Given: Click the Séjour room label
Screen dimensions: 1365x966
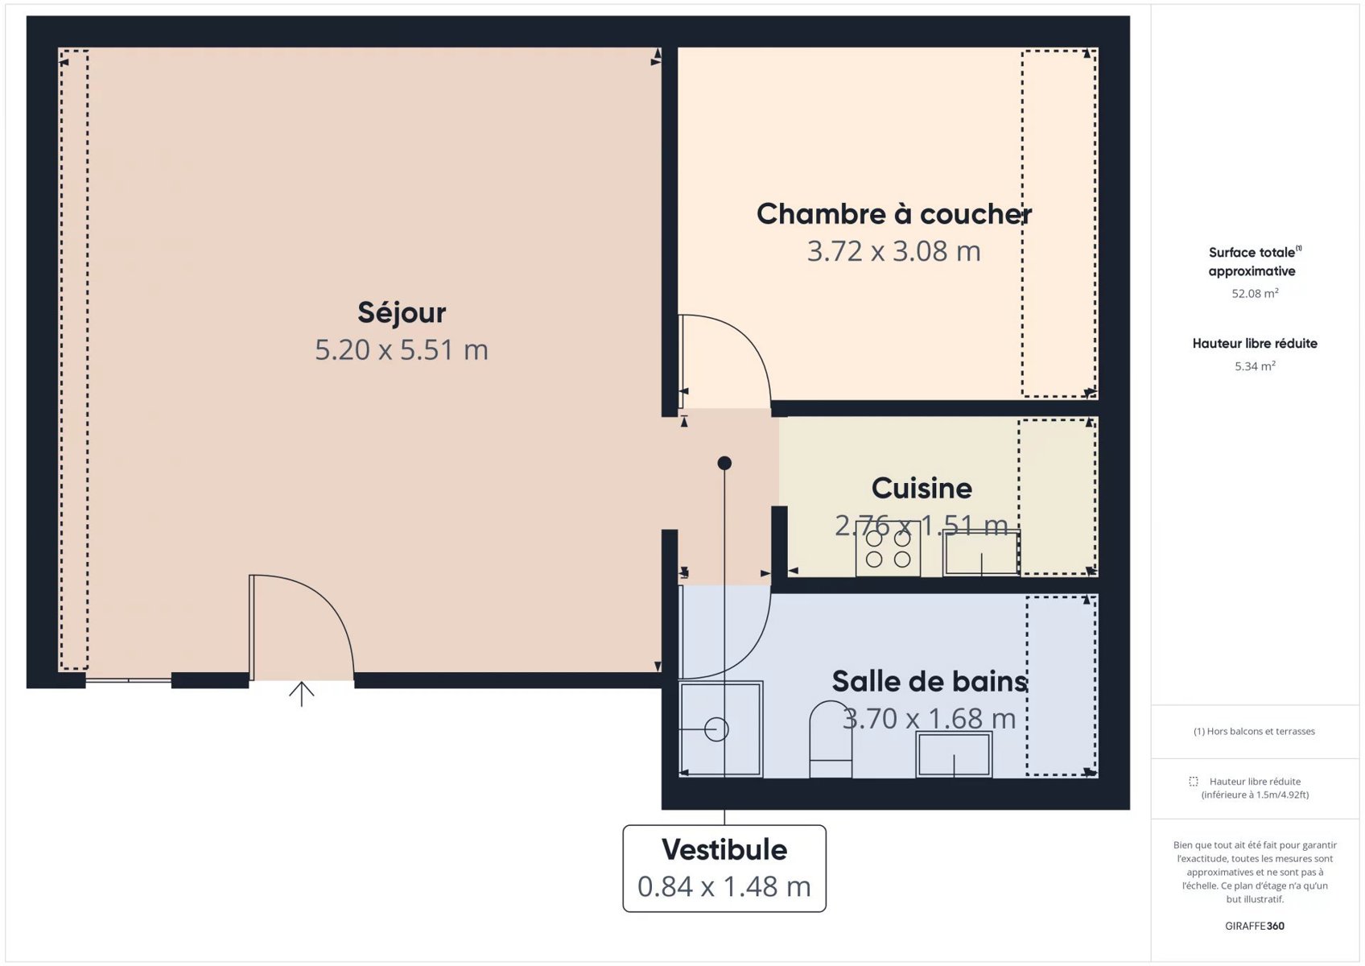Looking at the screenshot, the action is (402, 313).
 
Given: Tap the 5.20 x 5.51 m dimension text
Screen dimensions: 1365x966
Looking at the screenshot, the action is (402, 350).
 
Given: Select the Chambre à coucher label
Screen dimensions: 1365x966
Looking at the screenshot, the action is (894, 214).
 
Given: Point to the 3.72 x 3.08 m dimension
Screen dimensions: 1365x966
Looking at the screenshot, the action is (894, 251).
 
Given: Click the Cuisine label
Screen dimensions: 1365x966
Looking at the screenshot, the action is (922, 488).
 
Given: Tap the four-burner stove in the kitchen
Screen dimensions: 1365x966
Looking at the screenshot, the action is (888, 549).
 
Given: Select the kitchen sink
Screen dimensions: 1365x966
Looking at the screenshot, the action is (981, 553).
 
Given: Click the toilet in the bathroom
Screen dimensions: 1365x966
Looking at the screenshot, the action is (831, 739).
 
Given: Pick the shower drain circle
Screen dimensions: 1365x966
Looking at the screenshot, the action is (716, 729).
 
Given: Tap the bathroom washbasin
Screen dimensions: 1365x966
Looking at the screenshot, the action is (955, 754).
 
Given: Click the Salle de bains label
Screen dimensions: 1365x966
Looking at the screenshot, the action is (930, 681).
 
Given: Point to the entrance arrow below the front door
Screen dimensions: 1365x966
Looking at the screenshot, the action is (302, 694).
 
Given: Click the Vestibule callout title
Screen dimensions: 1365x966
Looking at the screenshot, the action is (724, 849).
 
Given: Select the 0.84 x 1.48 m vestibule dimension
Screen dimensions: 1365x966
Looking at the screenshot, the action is (724, 887).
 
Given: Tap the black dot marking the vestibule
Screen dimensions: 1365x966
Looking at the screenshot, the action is (724, 463).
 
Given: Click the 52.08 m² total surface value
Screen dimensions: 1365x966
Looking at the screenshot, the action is (1255, 293).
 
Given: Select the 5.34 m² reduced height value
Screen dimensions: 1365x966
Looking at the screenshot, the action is (1255, 366).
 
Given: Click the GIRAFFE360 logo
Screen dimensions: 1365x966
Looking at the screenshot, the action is (1255, 926).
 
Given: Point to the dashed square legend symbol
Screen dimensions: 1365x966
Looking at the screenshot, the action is (1193, 782).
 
